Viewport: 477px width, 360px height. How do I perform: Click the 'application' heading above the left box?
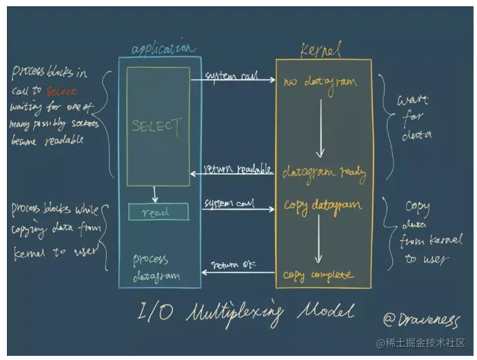click(x=163, y=48)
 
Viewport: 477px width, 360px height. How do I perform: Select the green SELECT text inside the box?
click(x=158, y=127)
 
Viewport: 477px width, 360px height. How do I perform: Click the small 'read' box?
click(x=158, y=212)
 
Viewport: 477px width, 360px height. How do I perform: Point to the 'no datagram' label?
click(x=320, y=82)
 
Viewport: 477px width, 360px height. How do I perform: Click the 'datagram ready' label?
click(x=324, y=172)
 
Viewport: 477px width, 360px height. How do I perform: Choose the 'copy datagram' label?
click(x=322, y=206)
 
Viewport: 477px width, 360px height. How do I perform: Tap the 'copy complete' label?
click(x=318, y=275)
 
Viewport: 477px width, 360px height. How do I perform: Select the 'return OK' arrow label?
click(x=234, y=264)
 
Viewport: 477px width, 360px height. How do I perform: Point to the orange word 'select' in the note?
click(x=61, y=90)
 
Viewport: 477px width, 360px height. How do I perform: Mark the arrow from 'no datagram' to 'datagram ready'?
click(x=319, y=128)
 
